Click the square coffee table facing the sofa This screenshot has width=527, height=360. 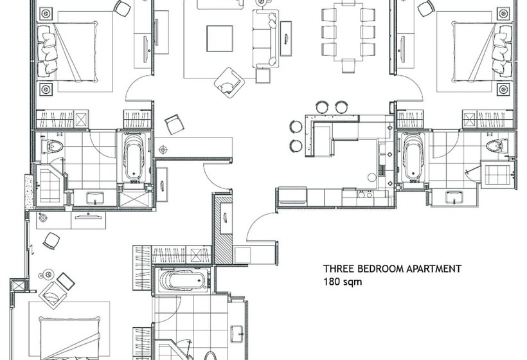pos(219,38)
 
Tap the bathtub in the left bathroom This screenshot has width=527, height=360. pos(134,157)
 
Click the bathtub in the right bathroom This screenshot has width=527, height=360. pos(412,158)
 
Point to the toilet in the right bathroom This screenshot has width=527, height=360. pos(494,147)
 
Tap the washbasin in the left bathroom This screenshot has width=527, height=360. pos(95,198)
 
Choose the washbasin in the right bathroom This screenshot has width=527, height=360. pos(454,198)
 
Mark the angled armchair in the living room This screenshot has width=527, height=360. pos(228,82)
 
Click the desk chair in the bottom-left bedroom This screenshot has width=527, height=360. pos(51,240)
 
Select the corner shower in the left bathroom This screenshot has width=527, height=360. pos(49,184)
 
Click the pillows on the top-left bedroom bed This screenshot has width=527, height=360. pos(48,51)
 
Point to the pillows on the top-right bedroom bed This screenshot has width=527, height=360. pos(501,51)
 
